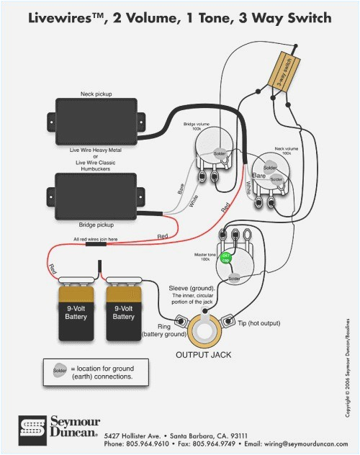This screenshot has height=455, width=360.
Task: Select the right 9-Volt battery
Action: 123,311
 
